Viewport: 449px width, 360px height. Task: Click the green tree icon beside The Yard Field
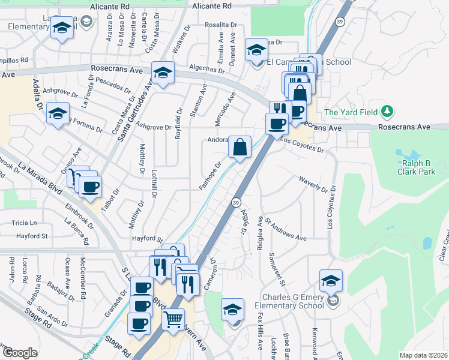pyautogui.click(x=388, y=111)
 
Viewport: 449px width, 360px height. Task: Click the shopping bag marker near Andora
pyautogui.click(x=240, y=146)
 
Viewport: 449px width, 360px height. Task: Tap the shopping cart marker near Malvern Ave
pyautogui.click(x=173, y=320)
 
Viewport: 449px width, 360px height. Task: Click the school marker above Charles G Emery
pyautogui.click(x=331, y=280)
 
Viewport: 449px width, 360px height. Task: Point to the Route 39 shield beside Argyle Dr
pyautogui.click(x=235, y=202)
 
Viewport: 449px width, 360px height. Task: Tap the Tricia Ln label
pyautogui.click(x=24, y=223)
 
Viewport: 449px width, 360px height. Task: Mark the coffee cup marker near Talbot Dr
pyautogui.click(x=90, y=187)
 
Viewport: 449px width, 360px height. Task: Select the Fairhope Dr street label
pyautogui.click(x=211, y=175)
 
